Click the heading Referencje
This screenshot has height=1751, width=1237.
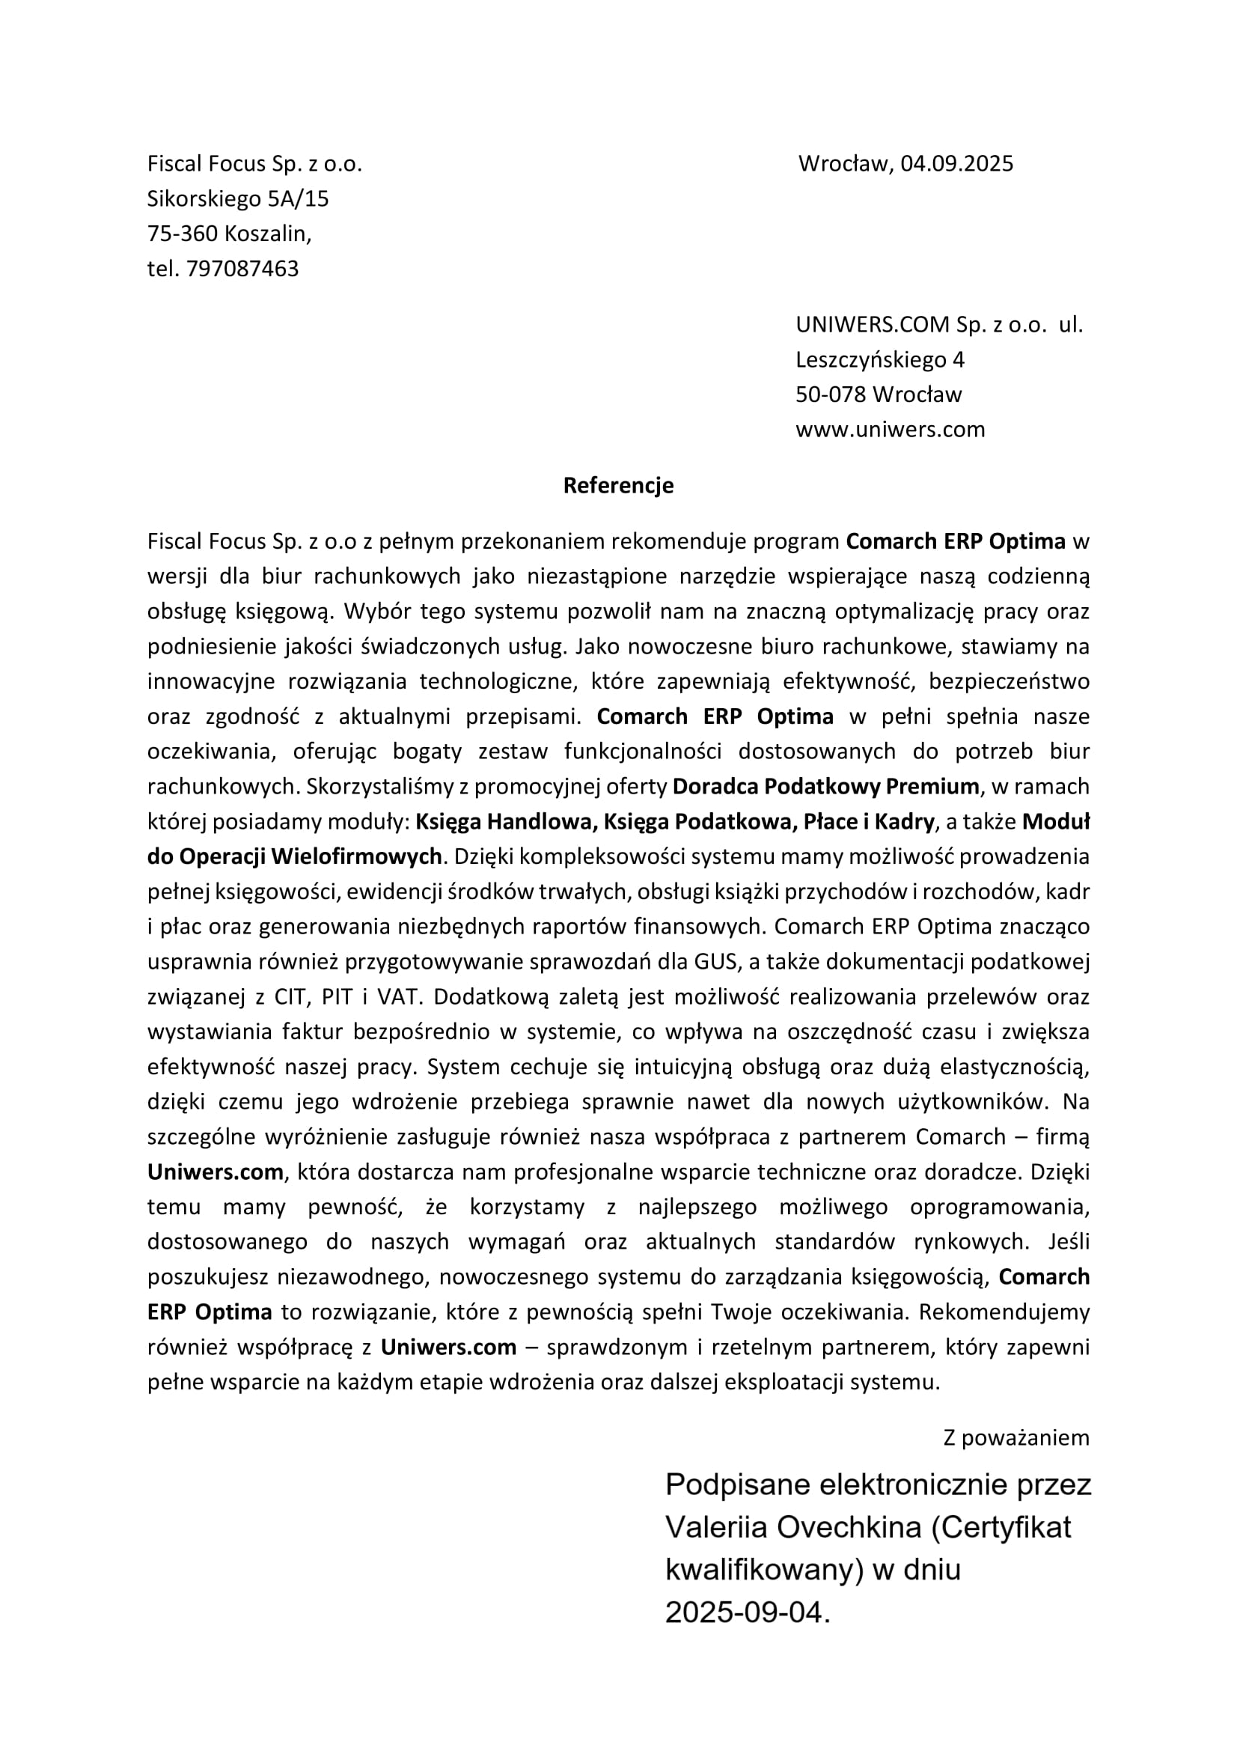618,486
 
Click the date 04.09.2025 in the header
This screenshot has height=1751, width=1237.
956,164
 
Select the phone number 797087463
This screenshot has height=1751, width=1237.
242,269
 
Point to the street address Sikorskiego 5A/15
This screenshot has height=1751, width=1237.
238,199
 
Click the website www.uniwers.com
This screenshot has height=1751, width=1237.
891,430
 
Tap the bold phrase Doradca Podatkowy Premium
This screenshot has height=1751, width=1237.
825,786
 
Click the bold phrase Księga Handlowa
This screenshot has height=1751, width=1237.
504,821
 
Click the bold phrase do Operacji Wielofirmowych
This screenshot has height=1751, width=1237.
294,856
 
